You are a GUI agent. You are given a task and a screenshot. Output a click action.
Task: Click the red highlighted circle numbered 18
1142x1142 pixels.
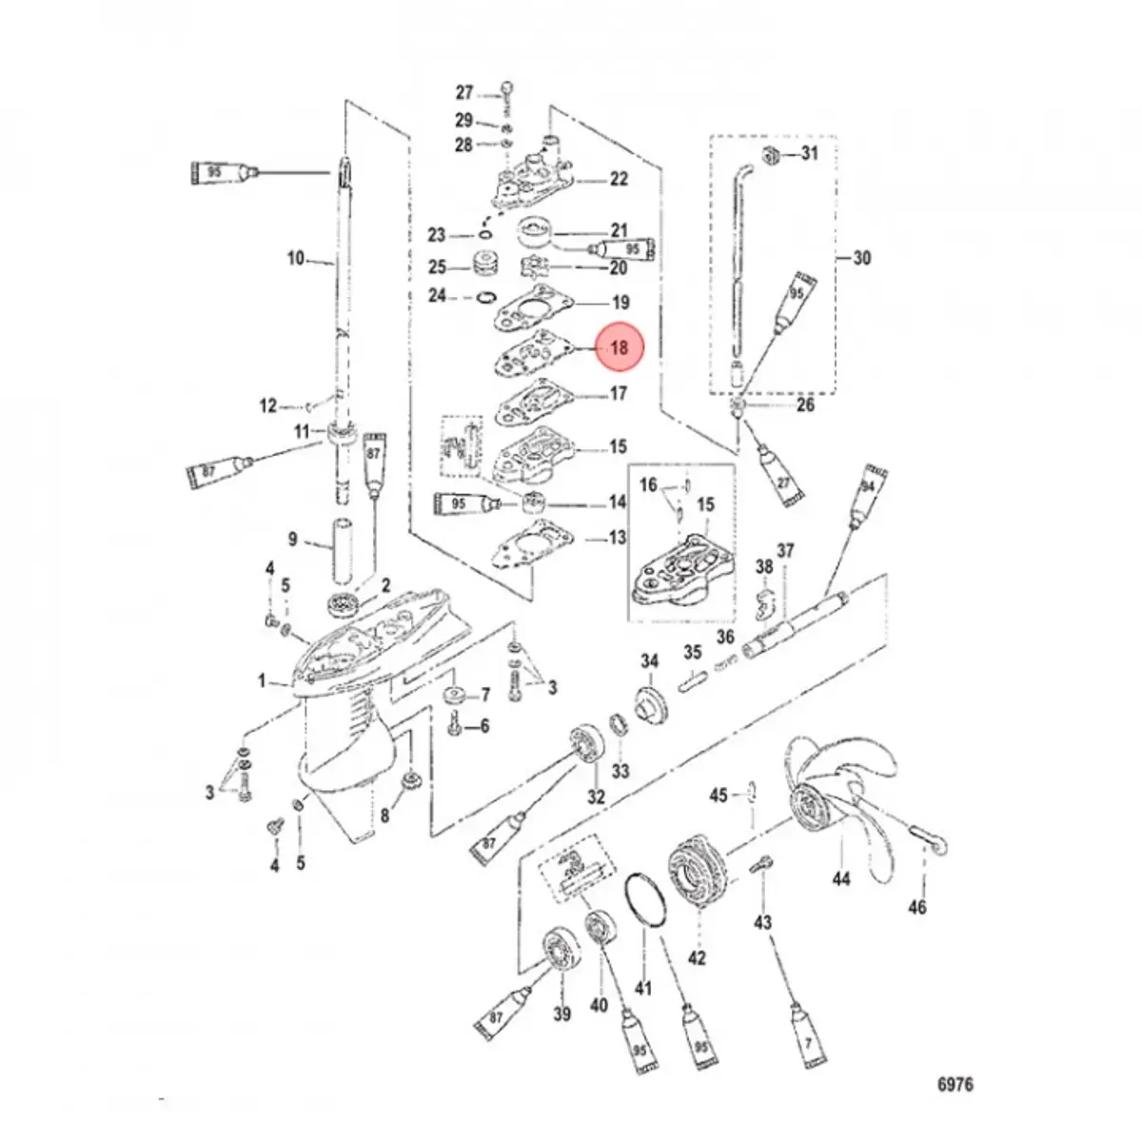(x=620, y=348)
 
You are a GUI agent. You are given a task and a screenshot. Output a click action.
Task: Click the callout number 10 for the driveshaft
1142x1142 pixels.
(x=297, y=258)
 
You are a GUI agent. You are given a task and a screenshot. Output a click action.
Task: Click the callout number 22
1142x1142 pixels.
(x=619, y=179)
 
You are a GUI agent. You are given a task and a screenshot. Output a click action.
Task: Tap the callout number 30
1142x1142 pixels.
(x=861, y=258)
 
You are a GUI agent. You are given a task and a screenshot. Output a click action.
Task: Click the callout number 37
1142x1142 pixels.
(x=785, y=552)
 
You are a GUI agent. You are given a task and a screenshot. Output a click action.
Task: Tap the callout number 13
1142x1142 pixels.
(x=618, y=539)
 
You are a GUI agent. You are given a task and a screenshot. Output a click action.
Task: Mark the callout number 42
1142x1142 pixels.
(x=698, y=958)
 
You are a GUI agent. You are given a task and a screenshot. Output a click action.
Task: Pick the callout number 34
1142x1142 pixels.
(x=649, y=662)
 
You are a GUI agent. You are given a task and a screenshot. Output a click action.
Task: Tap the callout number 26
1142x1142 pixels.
(x=806, y=405)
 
